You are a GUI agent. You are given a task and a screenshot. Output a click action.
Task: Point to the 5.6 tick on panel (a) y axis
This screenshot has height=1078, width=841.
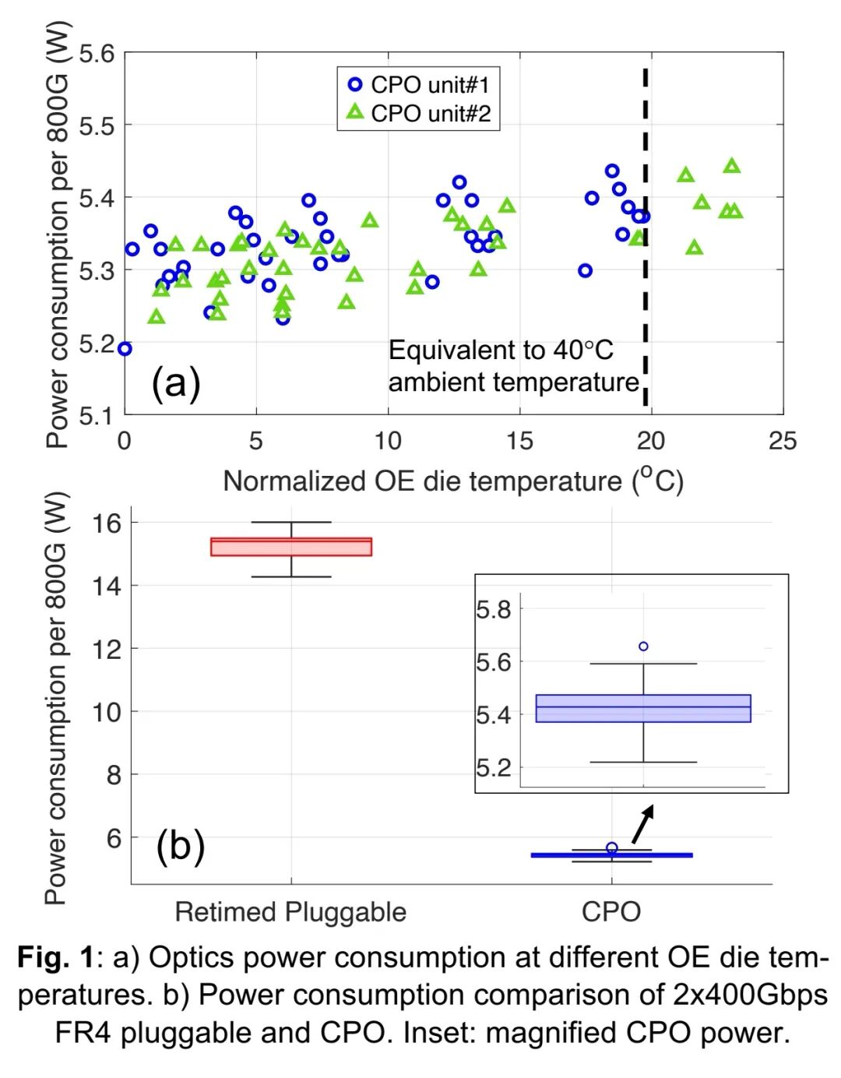click(x=97, y=54)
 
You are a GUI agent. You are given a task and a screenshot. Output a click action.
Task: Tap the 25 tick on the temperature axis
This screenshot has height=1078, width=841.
click(x=782, y=442)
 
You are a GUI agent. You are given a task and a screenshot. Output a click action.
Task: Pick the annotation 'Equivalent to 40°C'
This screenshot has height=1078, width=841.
click(x=501, y=351)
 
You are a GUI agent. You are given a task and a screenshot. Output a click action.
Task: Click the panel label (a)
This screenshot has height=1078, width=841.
click(x=175, y=382)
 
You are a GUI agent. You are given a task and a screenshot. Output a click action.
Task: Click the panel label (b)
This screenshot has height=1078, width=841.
click(x=180, y=846)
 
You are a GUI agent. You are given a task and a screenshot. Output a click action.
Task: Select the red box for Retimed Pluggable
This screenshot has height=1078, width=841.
click(x=291, y=547)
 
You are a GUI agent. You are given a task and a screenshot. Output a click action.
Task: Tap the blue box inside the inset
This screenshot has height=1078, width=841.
click(x=643, y=708)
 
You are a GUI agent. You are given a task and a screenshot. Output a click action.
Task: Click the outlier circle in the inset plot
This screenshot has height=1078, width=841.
click(x=643, y=646)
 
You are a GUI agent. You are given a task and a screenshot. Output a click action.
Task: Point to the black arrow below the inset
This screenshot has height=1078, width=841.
click(x=642, y=823)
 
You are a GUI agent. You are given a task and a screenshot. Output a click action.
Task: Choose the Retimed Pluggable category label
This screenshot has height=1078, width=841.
click(x=290, y=911)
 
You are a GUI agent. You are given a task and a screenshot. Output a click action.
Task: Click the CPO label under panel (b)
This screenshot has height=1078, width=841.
click(x=611, y=911)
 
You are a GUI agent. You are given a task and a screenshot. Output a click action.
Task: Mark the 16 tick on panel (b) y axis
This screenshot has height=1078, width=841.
click(x=107, y=523)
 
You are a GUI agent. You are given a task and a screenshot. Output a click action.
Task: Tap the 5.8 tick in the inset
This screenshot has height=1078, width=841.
click(x=494, y=609)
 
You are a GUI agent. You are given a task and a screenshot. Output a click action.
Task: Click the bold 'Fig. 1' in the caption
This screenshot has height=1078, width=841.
click(x=55, y=957)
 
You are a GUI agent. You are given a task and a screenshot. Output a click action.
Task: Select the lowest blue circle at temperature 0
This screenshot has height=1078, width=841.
click(x=125, y=349)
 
